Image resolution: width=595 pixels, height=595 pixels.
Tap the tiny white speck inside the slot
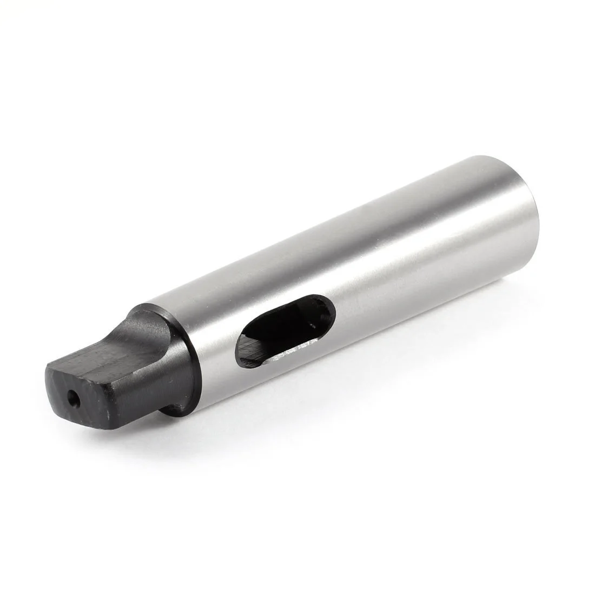[x=312, y=326]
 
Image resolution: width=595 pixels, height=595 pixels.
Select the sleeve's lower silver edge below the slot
[x=303, y=379]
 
